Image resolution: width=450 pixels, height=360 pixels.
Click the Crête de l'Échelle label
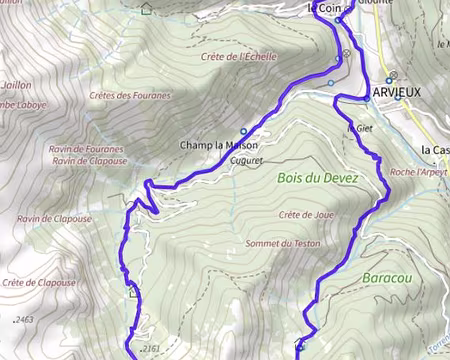(238, 56)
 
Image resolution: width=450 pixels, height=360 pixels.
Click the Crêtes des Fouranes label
(130, 96)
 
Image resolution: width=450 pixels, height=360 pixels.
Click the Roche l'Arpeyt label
(417, 172)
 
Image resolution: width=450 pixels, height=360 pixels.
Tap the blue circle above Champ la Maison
(243, 131)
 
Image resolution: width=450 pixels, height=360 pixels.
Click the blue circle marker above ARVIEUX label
(393, 75)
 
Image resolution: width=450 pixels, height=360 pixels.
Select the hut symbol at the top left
(147, 9)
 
